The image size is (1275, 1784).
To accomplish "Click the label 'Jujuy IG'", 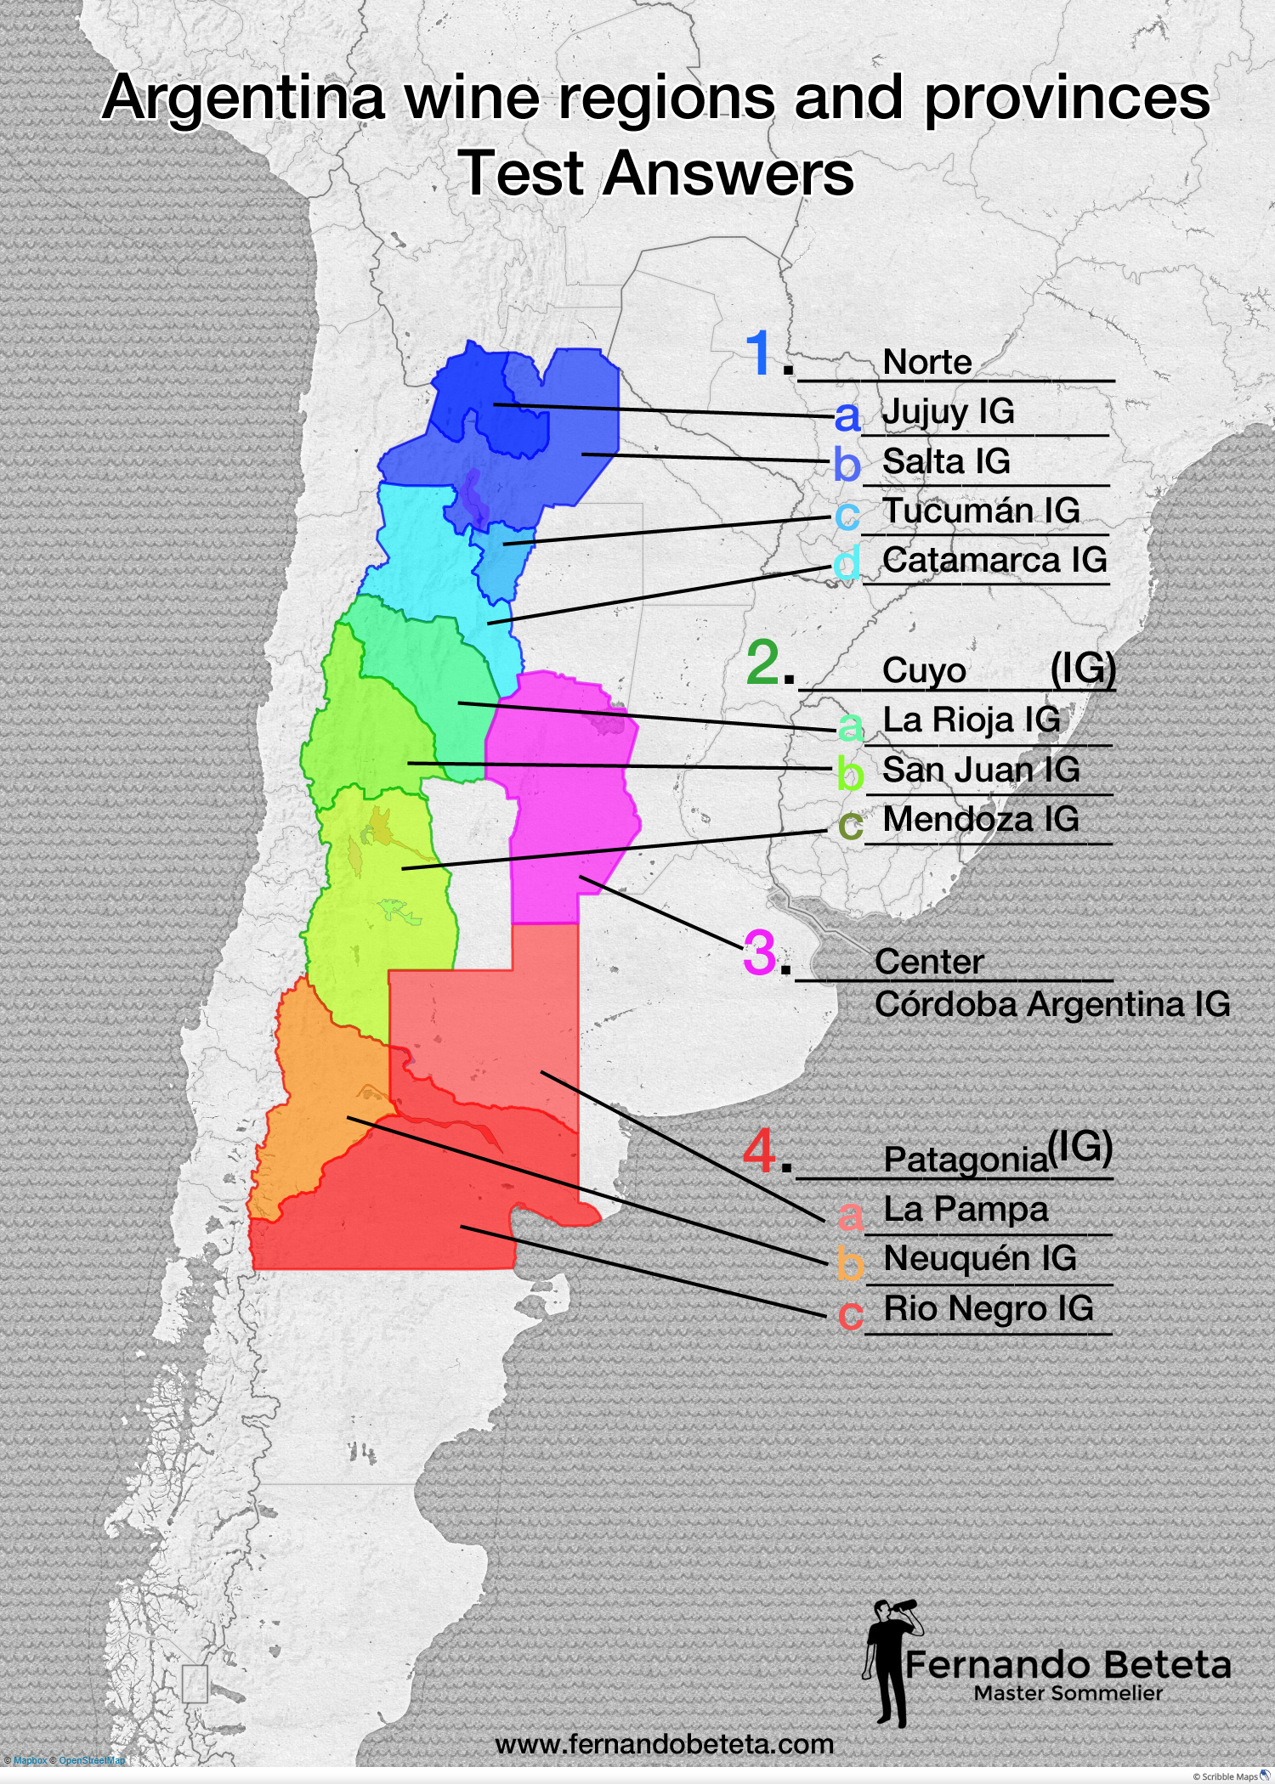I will pyautogui.click(x=948, y=412).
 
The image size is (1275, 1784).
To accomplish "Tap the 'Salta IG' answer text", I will pyautogui.click(x=946, y=461).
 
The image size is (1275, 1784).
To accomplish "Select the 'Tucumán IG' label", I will pyautogui.click(x=981, y=511).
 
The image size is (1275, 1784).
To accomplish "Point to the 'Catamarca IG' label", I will pyautogui.click(x=994, y=560).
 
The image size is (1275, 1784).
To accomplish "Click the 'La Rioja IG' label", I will pyautogui.click(x=972, y=720).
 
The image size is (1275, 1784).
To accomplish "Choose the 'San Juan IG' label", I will pyautogui.click(x=981, y=770).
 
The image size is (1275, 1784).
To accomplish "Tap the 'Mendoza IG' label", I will pyautogui.click(x=981, y=819).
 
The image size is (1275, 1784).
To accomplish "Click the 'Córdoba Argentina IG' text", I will pyautogui.click(x=1052, y=1004).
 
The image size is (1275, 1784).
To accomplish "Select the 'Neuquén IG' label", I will pyautogui.click(x=980, y=1258).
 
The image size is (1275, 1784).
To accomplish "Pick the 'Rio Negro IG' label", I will pyautogui.click(x=989, y=1308).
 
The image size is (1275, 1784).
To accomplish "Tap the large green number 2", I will pyautogui.click(x=762, y=663).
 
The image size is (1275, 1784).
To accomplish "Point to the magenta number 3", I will pyautogui.click(x=760, y=952).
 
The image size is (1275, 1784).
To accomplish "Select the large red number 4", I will pyautogui.click(x=759, y=1151).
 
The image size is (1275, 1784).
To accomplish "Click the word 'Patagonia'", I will pyautogui.click(x=966, y=1159).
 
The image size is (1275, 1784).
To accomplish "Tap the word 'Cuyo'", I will pyautogui.click(x=924, y=670).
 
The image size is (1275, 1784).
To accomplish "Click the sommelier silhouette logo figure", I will pyautogui.click(x=888, y=1661).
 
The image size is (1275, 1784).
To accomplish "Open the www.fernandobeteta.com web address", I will pyautogui.click(x=664, y=1744).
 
